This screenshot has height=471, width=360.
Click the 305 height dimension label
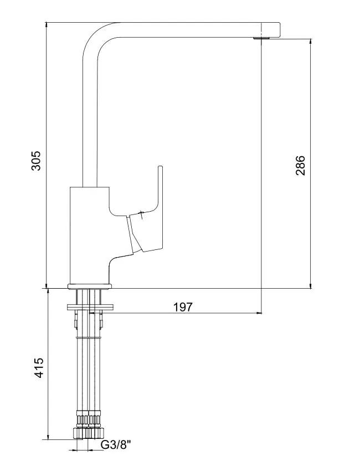(x=36, y=161)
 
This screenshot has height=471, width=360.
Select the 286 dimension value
(x=300, y=166)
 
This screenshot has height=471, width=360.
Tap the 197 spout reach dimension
(x=183, y=307)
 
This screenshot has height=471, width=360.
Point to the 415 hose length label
(x=39, y=368)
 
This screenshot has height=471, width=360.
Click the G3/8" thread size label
(x=116, y=453)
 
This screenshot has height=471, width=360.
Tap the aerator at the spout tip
(x=261, y=38)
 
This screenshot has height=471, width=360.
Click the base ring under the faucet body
(x=90, y=286)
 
